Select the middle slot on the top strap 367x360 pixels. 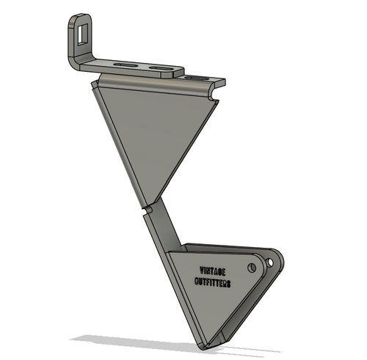point(160,69)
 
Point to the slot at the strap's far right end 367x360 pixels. point(196,77)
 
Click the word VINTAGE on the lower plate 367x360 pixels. point(214,270)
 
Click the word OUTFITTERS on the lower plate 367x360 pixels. point(214,282)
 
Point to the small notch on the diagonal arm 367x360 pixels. point(147,210)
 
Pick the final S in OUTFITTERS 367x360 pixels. point(230,284)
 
